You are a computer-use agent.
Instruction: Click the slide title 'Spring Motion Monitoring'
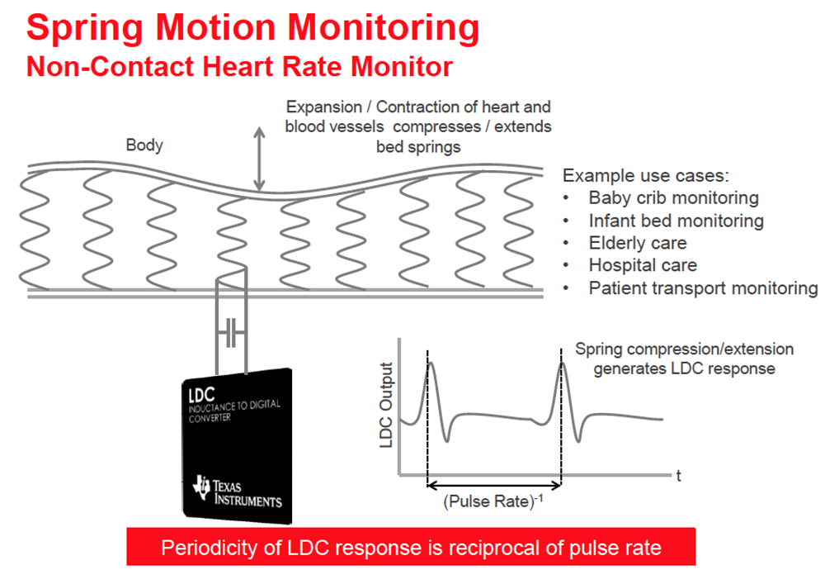[252, 27]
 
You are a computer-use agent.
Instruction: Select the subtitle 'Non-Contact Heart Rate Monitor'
[239, 66]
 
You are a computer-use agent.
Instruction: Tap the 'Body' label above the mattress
[144, 145]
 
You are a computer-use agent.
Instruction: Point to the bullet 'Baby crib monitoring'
[673, 197]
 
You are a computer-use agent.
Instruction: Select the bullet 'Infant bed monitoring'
[676, 221]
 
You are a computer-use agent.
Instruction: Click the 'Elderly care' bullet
[637, 243]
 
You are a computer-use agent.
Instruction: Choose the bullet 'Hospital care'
[642, 265]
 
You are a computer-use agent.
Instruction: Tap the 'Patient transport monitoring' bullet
[703, 288]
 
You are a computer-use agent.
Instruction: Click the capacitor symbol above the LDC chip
[231, 334]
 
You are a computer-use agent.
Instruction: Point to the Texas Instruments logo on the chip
[239, 492]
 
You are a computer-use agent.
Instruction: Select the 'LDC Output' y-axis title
[386, 405]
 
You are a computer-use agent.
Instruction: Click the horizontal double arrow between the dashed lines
[493, 483]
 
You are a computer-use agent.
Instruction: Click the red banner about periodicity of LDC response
[411, 547]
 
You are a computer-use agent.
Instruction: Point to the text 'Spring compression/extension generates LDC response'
[685, 359]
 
